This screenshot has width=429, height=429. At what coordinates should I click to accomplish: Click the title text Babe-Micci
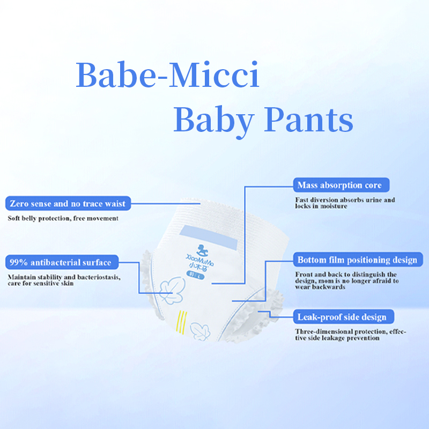[x=167, y=75]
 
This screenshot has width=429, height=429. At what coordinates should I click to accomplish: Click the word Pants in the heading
[x=309, y=120]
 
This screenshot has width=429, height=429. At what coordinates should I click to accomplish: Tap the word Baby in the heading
[x=214, y=122]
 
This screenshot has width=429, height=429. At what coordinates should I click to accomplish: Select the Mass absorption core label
[x=341, y=185]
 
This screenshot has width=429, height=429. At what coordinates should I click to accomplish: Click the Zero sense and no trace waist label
[x=68, y=203]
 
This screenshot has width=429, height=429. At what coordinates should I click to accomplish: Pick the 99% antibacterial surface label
[x=62, y=262]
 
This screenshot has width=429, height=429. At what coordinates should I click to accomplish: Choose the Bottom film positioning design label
[x=358, y=260]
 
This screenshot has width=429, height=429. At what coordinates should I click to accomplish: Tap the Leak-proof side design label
[x=343, y=316]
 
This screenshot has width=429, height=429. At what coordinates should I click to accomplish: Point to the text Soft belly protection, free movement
[x=63, y=218]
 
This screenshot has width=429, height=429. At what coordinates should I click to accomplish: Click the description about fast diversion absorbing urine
[x=345, y=203]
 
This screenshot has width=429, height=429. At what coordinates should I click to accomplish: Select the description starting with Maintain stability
[x=64, y=280]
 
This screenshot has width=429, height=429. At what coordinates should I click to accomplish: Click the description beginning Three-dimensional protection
[x=351, y=335]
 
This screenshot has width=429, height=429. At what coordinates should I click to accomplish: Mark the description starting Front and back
[x=346, y=280]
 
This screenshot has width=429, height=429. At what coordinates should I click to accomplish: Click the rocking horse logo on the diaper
[x=202, y=250]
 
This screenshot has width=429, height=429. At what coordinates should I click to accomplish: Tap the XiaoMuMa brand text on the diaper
[x=199, y=260]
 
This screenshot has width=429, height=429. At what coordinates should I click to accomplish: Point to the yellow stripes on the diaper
[x=181, y=322]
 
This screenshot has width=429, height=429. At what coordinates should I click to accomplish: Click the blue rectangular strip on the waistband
[x=209, y=237]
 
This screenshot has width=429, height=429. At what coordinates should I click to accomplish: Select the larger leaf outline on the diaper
[x=172, y=290]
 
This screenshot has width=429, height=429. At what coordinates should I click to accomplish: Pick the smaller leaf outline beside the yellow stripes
[x=200, y=331]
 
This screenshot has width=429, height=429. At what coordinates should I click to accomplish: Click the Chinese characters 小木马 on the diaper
[x=198, y=267]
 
